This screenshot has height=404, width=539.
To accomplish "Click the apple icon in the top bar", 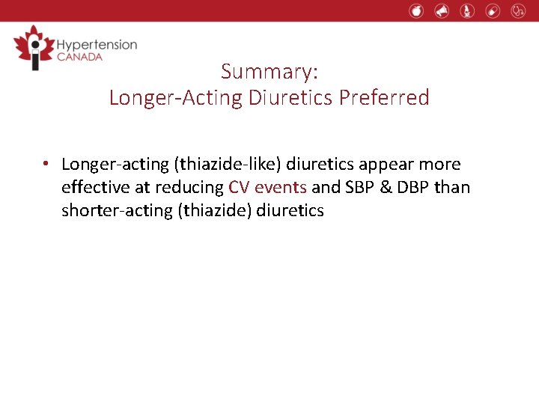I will coord(417,10).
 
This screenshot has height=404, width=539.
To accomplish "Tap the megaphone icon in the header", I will coord(442,10).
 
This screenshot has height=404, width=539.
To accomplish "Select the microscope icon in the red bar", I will coord(467,10).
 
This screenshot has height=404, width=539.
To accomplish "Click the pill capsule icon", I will coord(492,10).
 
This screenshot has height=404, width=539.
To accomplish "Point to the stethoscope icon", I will coord(518,10).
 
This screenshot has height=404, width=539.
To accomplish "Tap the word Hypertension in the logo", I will coord(97,45).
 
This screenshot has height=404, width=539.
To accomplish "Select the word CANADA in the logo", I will coord(79,58).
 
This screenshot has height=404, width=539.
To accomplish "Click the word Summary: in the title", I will coord(269,72).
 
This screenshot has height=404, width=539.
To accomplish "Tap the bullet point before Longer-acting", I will coord(46,164).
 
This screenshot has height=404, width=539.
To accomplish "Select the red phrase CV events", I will coord(267,187).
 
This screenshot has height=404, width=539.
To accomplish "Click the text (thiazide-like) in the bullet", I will coord(231,164).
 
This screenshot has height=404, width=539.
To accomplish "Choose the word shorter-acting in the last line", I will coord(117,210).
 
